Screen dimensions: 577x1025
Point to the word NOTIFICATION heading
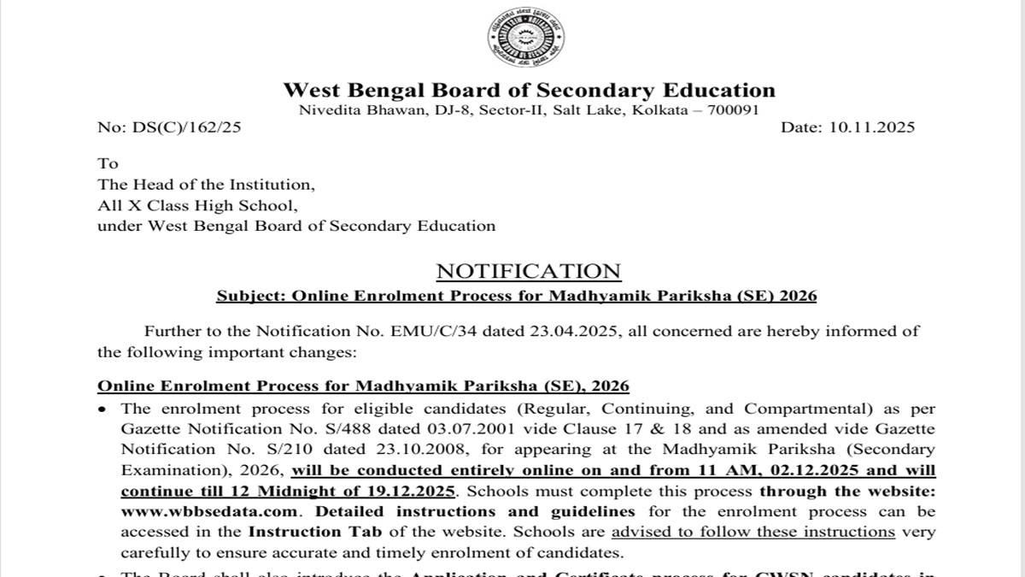click(529, 271)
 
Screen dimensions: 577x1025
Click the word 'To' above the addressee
click(108, 163)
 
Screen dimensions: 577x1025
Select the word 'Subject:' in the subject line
click(250, 296)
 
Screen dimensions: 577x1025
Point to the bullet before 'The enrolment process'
click(103, 409)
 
